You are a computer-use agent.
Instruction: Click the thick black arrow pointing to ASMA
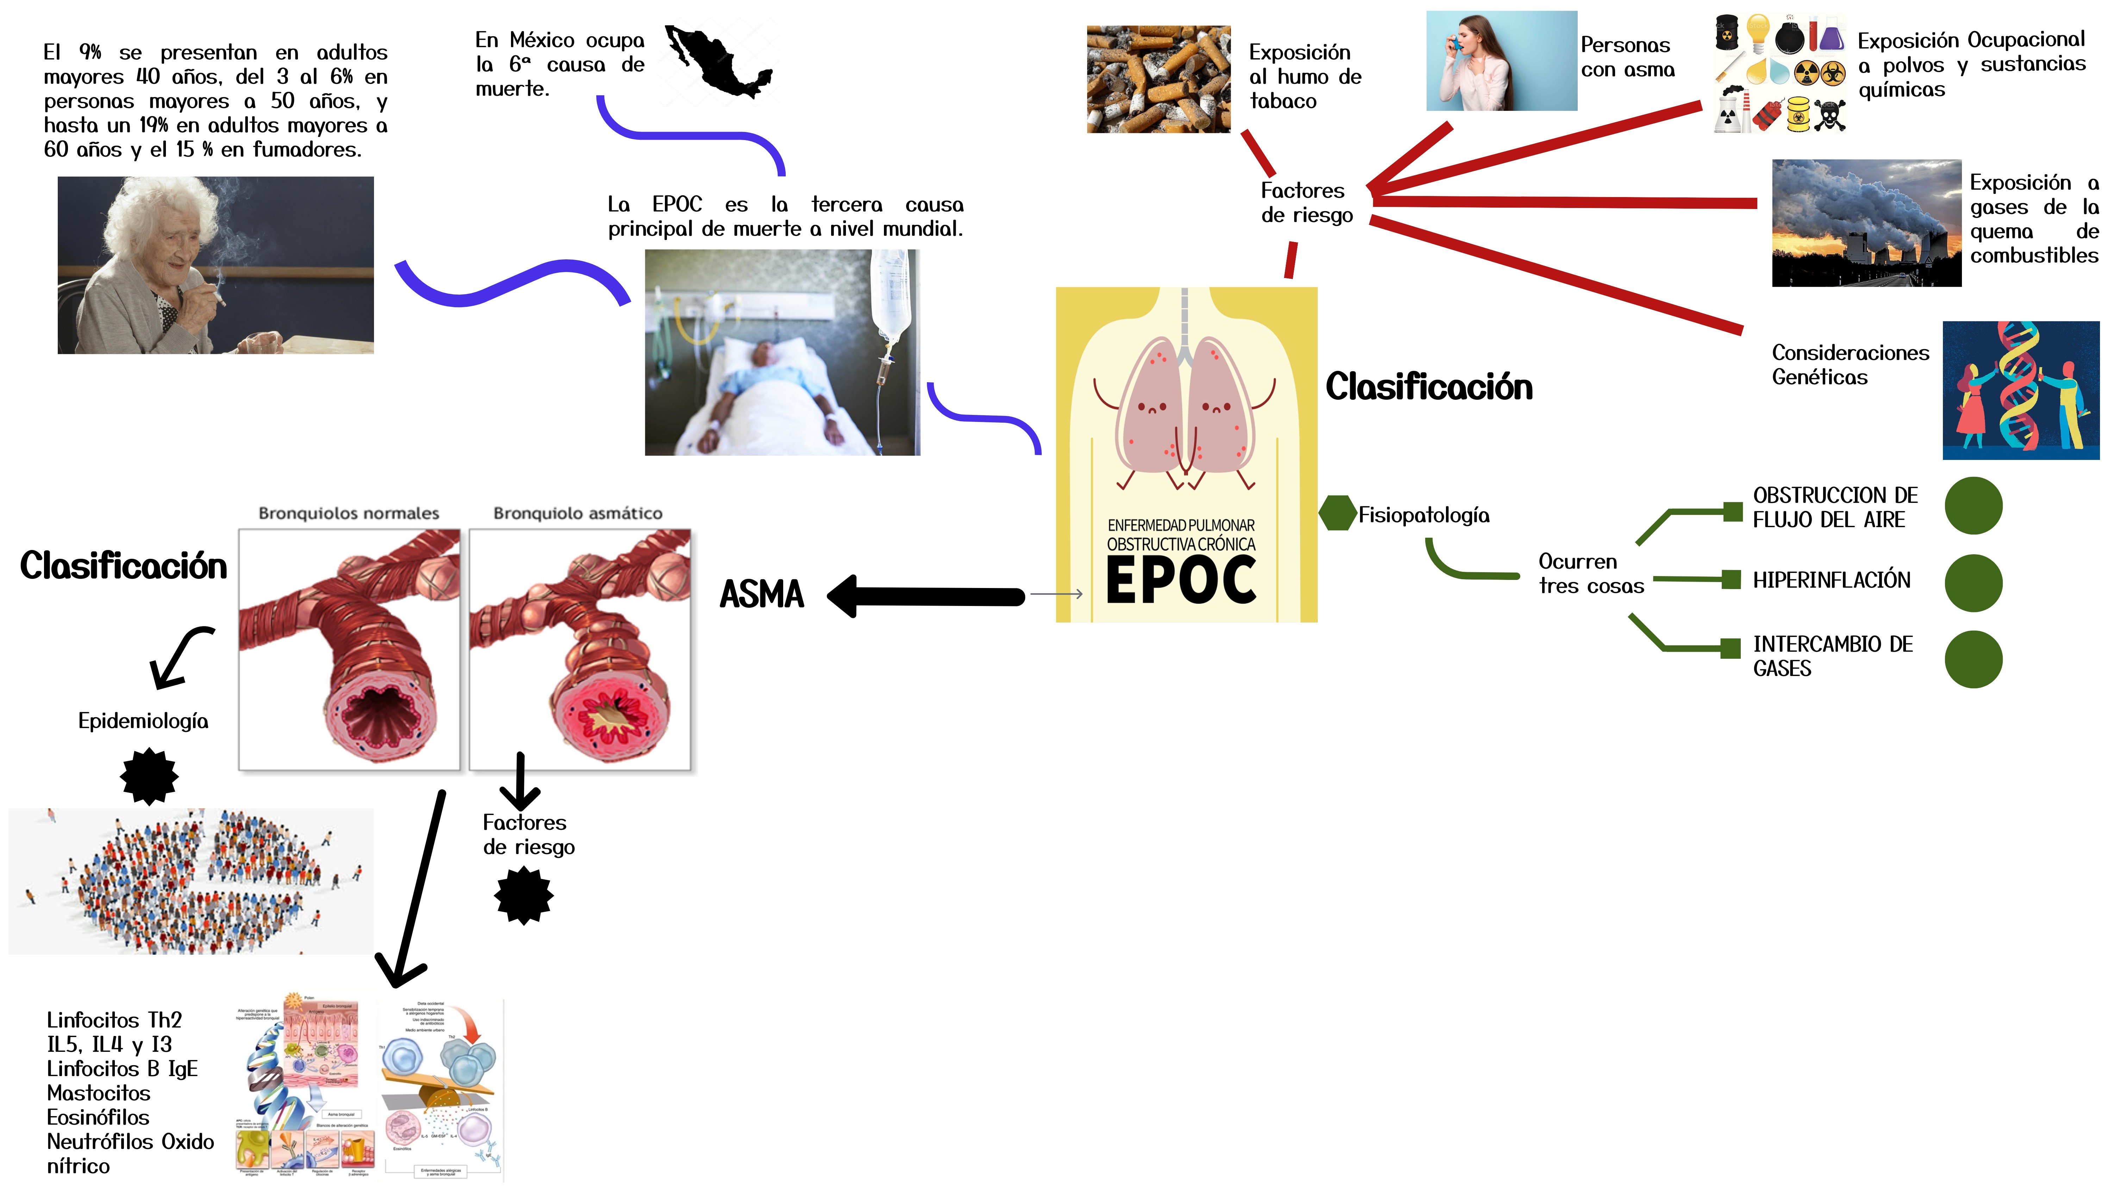tap(927, 596)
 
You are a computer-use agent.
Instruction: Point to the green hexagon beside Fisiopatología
tap(1337, 513)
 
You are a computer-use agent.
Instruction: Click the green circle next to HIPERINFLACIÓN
tap(1973, 582)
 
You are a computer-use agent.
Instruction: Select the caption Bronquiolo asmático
tap(578, 513)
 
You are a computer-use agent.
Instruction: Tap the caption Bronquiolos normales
tap(349, 513)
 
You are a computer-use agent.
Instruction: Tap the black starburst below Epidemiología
tap(149, 776)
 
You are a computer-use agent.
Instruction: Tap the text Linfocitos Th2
tap(114, 1020)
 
